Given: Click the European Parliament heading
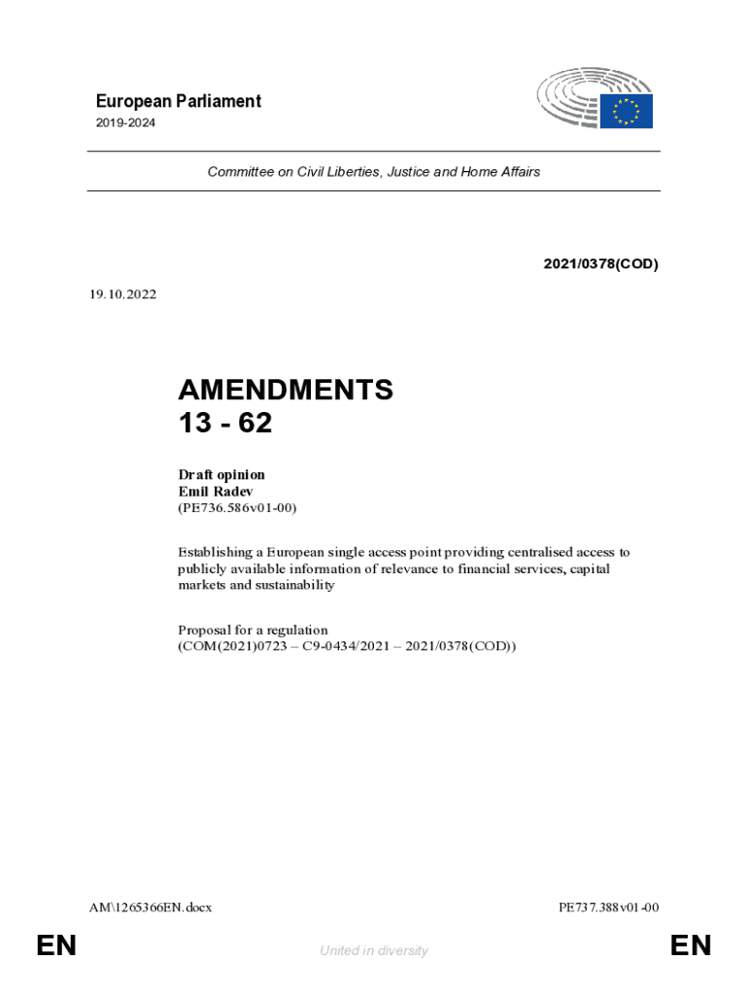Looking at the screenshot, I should click(178, 101).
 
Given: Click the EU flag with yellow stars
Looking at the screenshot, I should click(625, 111).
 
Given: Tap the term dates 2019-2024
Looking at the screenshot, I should click(125, 123).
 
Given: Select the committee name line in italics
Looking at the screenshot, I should click(373, 172).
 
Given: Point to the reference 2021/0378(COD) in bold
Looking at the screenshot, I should click(599, 263).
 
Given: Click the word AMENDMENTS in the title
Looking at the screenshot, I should click(286, 390).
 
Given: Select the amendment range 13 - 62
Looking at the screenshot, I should click(225, 424).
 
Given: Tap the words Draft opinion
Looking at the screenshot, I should click(221, 474).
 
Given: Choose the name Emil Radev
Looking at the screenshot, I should click(214, 491).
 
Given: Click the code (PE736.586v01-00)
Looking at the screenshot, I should click(237, 507).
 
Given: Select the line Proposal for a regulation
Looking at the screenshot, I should click(253, 630).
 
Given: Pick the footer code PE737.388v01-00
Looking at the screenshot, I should click(609, 908).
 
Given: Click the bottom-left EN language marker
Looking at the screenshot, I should click(56, 945).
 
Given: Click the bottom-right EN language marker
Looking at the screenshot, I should click(691, 945).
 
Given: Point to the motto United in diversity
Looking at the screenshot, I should click(373, 950).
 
